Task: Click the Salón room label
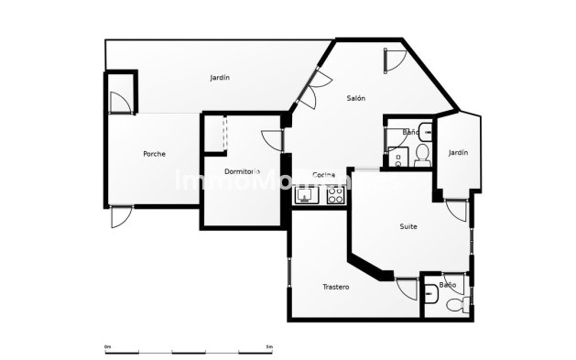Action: click(x=357, y=98)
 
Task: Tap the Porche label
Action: click(x=155, y=154)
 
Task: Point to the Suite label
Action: click(x=409, y=225)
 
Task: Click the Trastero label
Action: click(x=335, y=287)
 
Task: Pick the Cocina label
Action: click(x=323, y=175)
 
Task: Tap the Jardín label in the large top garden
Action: click(x=220, y=78)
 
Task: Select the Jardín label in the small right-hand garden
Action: click(x=458, y=153)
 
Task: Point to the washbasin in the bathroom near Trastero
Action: click(x=431, y=293)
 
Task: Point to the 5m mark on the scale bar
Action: click(x=268, y=347)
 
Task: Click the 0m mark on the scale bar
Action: click(x=107, y=347)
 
